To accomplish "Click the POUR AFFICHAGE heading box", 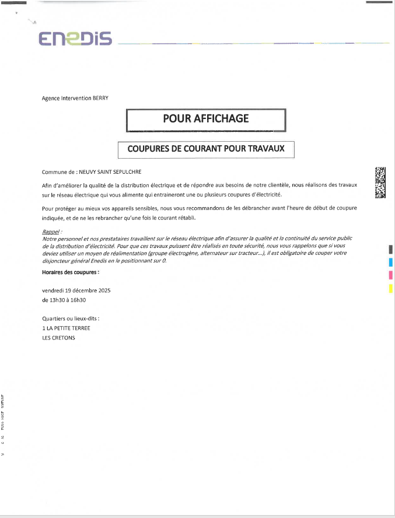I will click(x=206, y=119).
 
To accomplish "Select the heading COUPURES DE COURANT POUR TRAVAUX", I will click(x=206, y=149).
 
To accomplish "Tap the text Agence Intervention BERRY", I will click(x=75, y=99).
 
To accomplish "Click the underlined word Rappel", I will click(x=51, y=232).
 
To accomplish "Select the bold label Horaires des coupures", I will click(x=71, y=272).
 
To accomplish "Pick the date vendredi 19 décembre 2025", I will click(x=76, y=290).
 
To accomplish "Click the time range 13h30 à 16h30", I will click(x=64, y=300).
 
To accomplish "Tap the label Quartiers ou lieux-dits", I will click(x=71, y=318).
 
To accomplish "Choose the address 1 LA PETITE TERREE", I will click(x=67, y=328).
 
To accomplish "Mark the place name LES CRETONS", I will click(x=59, y=337).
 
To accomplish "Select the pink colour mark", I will click(x=390, y=275).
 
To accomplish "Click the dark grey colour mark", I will click(x=390, y=250).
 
